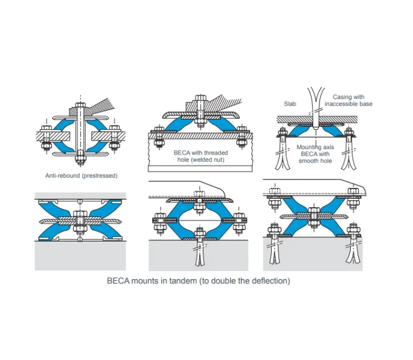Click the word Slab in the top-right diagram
coord(290,104)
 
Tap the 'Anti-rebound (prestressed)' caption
coord(81,175)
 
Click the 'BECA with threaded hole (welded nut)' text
coord(196,156)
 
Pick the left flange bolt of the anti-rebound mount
coord(45,138)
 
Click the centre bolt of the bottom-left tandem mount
coord(80,220)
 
